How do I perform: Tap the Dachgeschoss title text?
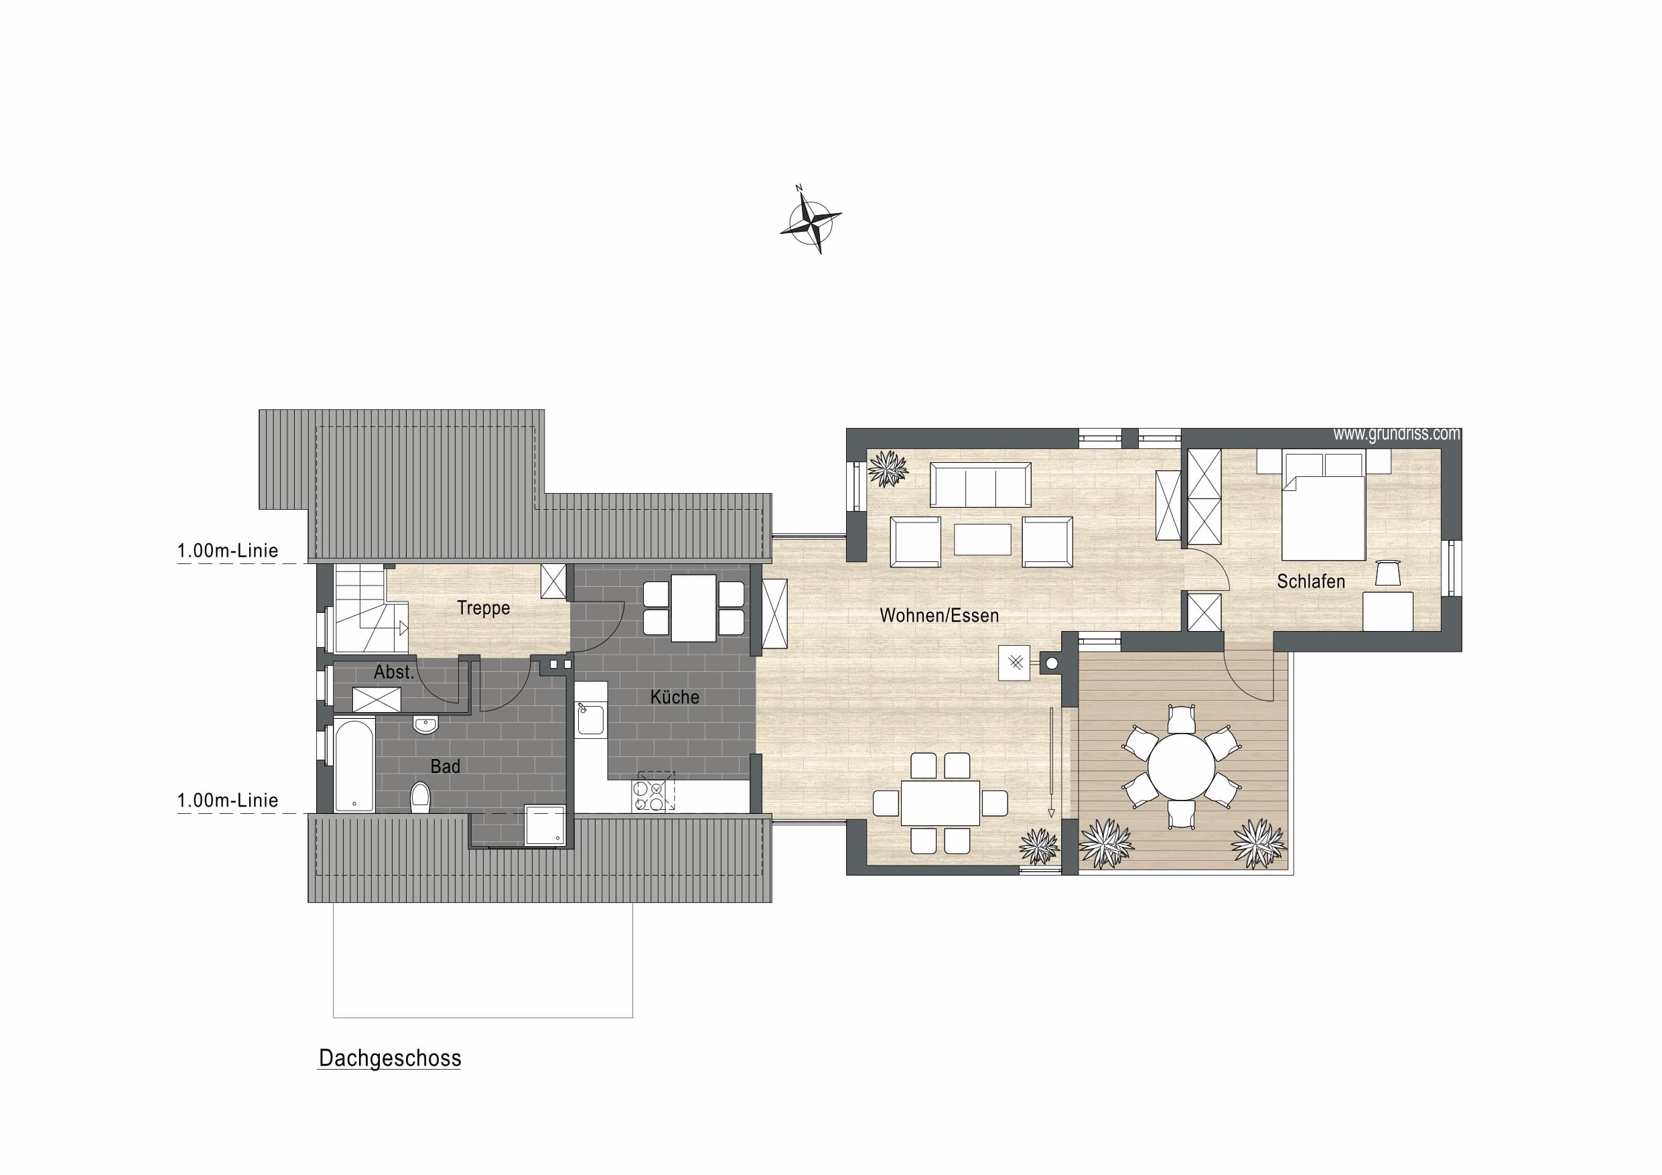click(x=389, y=1058)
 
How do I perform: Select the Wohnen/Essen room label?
click(x=939, y=616)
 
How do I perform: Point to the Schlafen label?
click(x=1310, y=581)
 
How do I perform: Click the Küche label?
click(x=675, y=697)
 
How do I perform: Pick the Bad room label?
click(x=445, y=766)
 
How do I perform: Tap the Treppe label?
click(x=483, y=608)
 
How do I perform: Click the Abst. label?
click(x=394, y=672)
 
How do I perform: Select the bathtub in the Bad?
click(x=354, y=764)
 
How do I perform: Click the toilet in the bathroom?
click(x=420, y=798)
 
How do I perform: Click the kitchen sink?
click(x=590, y=719)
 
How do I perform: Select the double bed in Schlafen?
click(x=1323, y=505)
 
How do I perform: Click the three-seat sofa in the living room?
click(x=981, y=484)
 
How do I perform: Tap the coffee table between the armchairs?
click(x=982, y=539)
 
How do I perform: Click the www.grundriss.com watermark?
click(x=1396, y=434)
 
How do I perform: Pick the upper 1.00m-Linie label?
click(x=227, y=550)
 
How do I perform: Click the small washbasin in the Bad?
click(x=425, y=724)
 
